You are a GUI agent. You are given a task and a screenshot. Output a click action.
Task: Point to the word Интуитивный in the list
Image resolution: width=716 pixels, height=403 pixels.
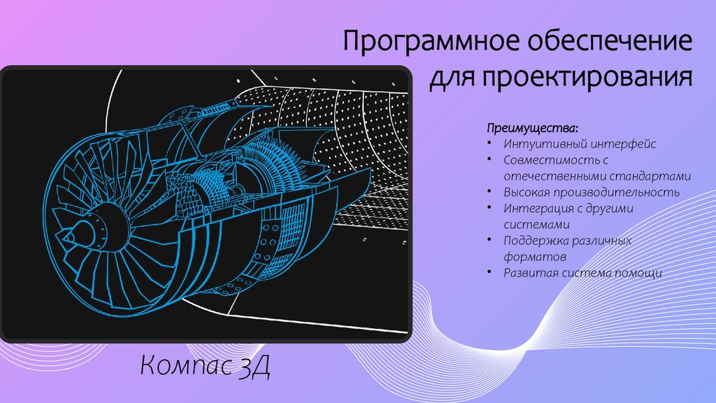539,144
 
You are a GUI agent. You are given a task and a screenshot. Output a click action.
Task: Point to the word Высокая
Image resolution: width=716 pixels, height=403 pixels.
527,192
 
